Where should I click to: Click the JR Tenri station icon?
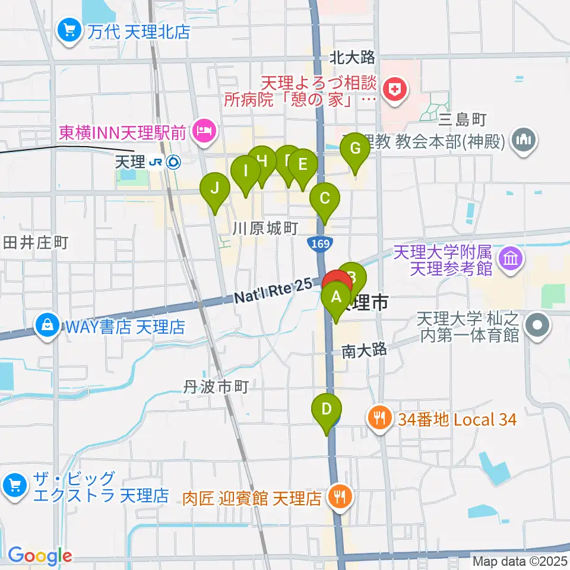pos(173,161)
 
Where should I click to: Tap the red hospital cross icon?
pos(393,90)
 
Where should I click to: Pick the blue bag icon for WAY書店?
pos(45,325)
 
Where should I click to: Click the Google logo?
pos(39,556)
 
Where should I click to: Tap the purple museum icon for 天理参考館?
pos(511,259)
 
